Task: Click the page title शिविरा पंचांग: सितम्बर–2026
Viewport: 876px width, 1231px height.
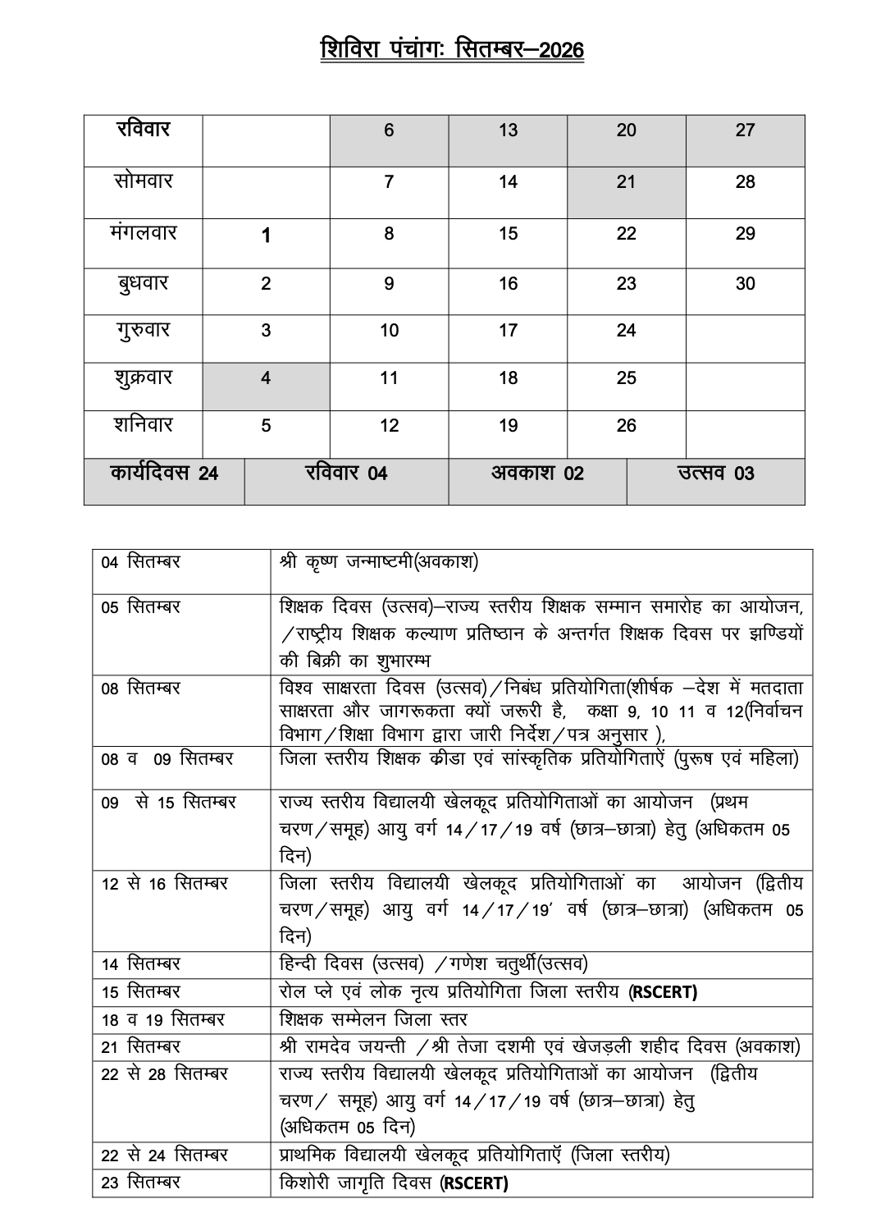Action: tap(452, 49)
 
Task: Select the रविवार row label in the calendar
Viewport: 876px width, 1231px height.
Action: tap(144, 130)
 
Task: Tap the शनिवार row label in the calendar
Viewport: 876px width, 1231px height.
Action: tap(144, 425)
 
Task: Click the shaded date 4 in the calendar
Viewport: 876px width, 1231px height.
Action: tap(266, 378)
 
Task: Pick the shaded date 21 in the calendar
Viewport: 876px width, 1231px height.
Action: tap(626, 182)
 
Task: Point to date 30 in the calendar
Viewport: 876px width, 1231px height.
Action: tap(745, 284)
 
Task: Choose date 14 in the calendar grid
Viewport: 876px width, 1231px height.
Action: tap(508, 182)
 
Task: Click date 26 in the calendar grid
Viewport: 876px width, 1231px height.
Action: tap(626, 426)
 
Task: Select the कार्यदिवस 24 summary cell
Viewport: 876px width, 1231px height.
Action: tap(164, 474)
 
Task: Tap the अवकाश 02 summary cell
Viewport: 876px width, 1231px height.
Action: tap(537, 474)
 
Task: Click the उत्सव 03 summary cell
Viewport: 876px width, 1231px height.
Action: tap(715, 474)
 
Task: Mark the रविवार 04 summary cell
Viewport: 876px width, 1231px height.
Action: tap(346, 474)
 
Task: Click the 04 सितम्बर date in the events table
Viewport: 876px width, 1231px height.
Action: tap(141, 563)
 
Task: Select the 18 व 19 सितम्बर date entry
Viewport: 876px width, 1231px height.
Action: tap(162, 1020)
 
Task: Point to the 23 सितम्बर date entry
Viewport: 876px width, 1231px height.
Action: tap(141, 1183)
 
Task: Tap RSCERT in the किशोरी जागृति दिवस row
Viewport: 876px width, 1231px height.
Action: tap(474, 1183)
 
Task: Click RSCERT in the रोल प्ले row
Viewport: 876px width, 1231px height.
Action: tap(663, 992)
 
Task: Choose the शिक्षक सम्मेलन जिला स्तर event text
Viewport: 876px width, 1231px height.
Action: tap(373, 1019)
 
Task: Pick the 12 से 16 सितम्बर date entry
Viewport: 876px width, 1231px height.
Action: tap(165, 884)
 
